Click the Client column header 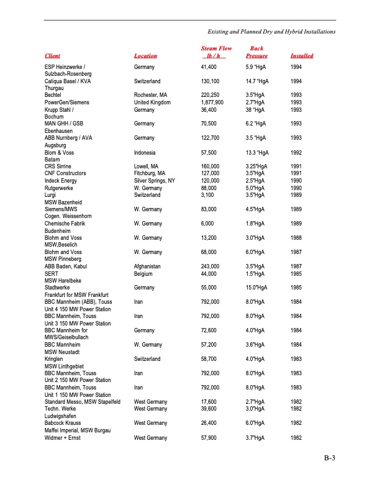(53, 56)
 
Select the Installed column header (302, 56)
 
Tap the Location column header (145, 56)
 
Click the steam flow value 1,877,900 (212, 102)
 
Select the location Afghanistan (148, 266)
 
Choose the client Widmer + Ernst (63, 438)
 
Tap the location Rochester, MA (151, 95)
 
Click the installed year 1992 (296, 152)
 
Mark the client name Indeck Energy (61, 180)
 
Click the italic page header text (271, 31)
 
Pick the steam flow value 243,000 (210, 266)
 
